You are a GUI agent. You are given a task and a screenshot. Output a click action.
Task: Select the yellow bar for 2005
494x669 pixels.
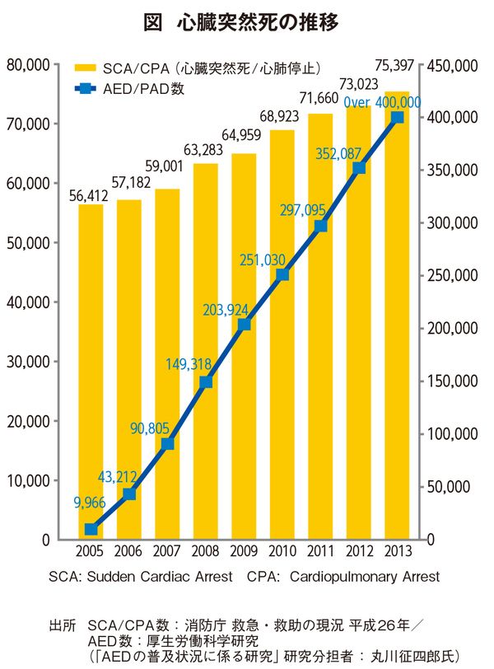[x=91, y=371]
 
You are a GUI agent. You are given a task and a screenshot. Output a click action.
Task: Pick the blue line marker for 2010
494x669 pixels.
[x=282, y=274]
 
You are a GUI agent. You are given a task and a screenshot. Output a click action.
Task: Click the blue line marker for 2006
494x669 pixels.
[x=129, y=494]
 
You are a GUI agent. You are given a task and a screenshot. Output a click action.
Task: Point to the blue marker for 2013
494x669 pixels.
[x=398, y=118]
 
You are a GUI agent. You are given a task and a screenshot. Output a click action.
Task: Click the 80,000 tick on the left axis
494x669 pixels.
[x=30, y=64]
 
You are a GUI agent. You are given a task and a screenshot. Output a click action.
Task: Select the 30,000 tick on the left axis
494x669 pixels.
[x=30, y=362]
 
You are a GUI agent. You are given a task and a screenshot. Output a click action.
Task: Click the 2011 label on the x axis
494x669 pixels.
[x=321, y=551]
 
